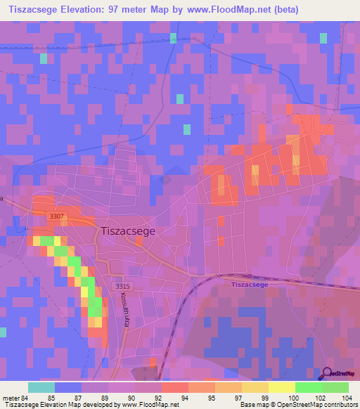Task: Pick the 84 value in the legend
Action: pyautogui.click(x=27, y=398)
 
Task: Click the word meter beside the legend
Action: pyautogui.click(x=12, y=398)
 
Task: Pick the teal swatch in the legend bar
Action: pyautogui.click(x=41, y=387)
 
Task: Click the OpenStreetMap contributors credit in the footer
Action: pyautogui.click(x=319, y=405)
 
